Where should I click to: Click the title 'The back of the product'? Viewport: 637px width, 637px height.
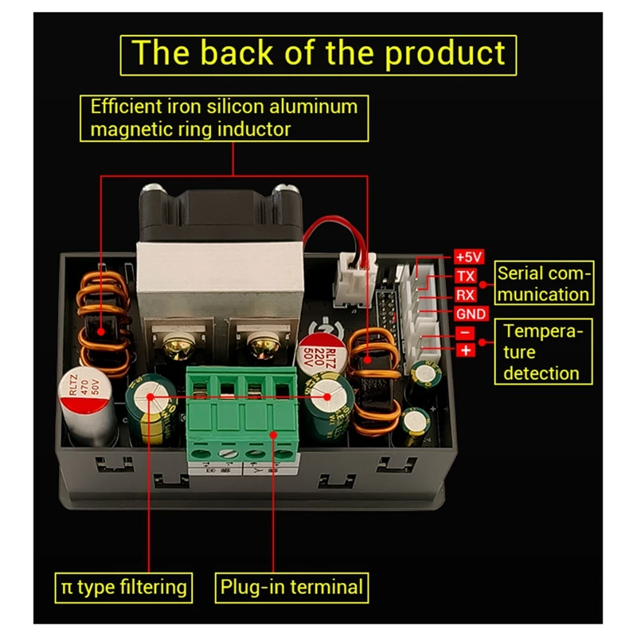[318, 53]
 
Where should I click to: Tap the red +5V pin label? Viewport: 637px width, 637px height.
[468, 256]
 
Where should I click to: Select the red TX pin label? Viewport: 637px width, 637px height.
[466, 276]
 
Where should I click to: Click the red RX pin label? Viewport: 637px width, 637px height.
[466, 295]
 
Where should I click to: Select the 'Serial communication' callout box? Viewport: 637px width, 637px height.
[544, 283]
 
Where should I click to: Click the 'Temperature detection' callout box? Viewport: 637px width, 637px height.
[542, 352]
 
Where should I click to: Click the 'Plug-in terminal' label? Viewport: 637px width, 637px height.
[291, 588]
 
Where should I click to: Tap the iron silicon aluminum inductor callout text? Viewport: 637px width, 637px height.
[225, 117]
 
